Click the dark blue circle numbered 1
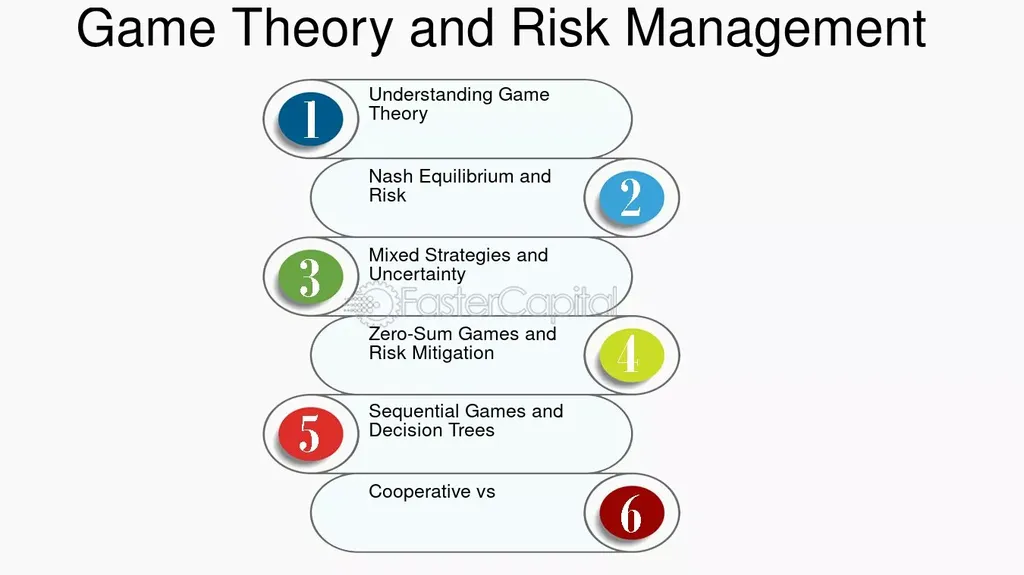pos(310,118)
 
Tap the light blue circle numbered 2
pos(632,197)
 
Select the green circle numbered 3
pos(310,276)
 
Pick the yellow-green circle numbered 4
pos(632,354)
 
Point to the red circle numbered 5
pos(310,433)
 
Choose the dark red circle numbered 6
pos(632,512)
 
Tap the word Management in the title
pos(775,28)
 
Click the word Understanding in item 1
pos(430,95)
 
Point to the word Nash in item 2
pos(391,176)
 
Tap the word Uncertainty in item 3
pos(417,274)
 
